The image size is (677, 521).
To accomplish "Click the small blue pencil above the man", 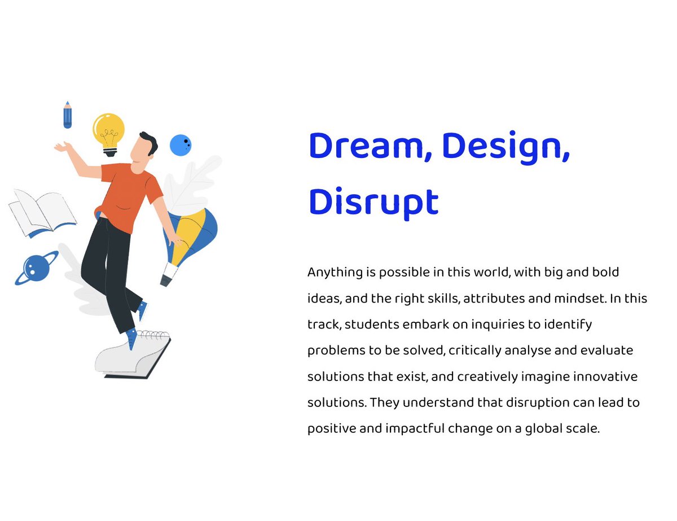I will [68, 115].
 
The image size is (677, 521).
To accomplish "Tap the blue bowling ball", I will [181, 145].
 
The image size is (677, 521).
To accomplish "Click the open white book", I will [42, 212].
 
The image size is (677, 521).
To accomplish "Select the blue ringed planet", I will [36, 269].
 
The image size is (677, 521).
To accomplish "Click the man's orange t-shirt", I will [128, 195].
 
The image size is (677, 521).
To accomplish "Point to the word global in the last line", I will [543, 428].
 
